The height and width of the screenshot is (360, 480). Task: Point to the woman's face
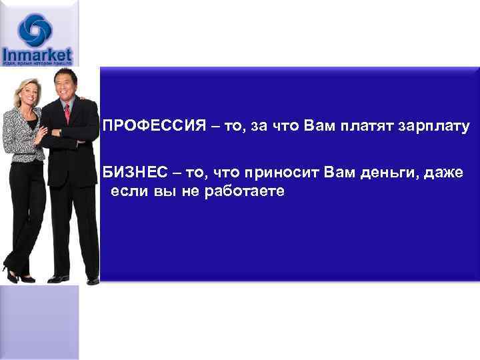pyautogui.click(x=27, y=93)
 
